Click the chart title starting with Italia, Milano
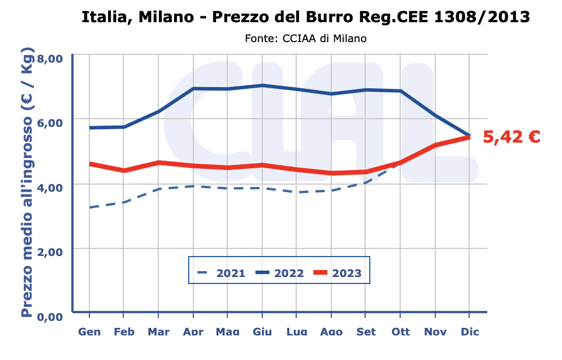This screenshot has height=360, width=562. (x=306, y=17)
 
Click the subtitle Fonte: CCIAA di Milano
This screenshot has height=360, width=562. (x=306, y=39)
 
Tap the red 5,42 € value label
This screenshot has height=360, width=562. (x=511, y=137)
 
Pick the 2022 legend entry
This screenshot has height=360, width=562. (x=279, y=273)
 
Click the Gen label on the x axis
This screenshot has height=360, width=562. (x=89, y=332)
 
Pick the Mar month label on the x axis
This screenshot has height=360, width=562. (x=158, y=332)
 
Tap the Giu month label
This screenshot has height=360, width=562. (x=262, y=332)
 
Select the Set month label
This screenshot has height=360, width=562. (x=366, y=332)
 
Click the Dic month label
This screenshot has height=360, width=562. (x=470, y=332)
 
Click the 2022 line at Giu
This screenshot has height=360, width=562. (x=262, y=85)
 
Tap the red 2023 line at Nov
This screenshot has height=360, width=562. (x=435, y=145)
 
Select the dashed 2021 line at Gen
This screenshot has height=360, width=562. (x=89, y=207)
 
